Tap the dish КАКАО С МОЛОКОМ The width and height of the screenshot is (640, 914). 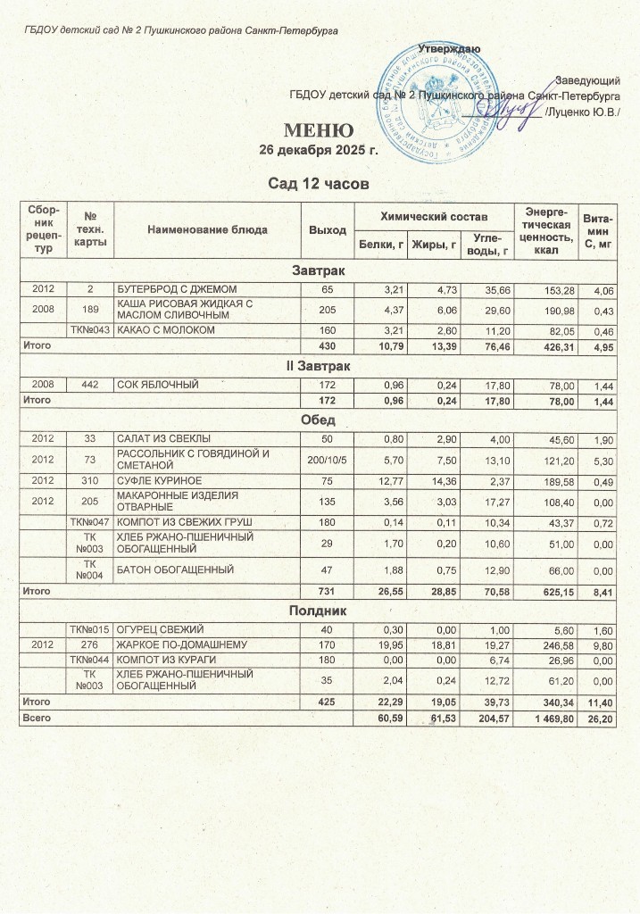(159, 330)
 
